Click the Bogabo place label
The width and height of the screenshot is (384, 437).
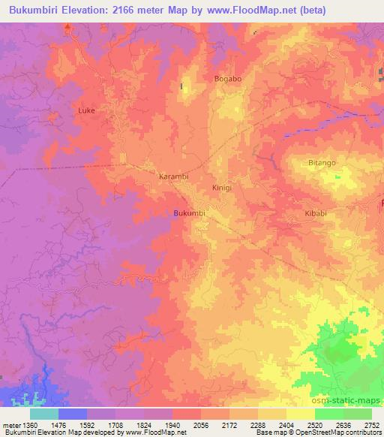(226, 79)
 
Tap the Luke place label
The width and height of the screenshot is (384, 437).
(87, 110)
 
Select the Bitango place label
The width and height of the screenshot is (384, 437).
(322, 162)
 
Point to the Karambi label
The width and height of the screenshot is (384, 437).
(173, 176)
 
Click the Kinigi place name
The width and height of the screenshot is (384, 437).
(223, 188)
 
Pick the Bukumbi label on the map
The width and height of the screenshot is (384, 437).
(189, 213)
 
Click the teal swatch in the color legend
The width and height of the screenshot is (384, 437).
(44, 414)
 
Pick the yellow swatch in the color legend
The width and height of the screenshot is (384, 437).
(301, 414)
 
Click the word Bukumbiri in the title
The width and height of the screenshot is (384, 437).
(34, 8)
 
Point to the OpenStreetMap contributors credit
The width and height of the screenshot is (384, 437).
(336, 433)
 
